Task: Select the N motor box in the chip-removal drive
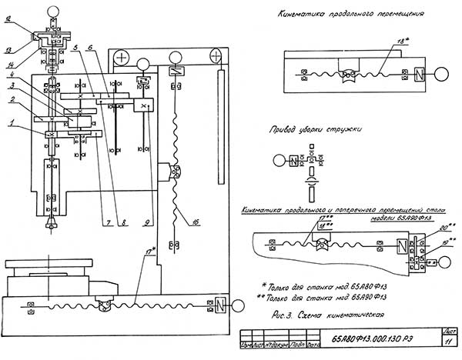[293, 161]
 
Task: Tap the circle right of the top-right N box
[443, 75]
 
